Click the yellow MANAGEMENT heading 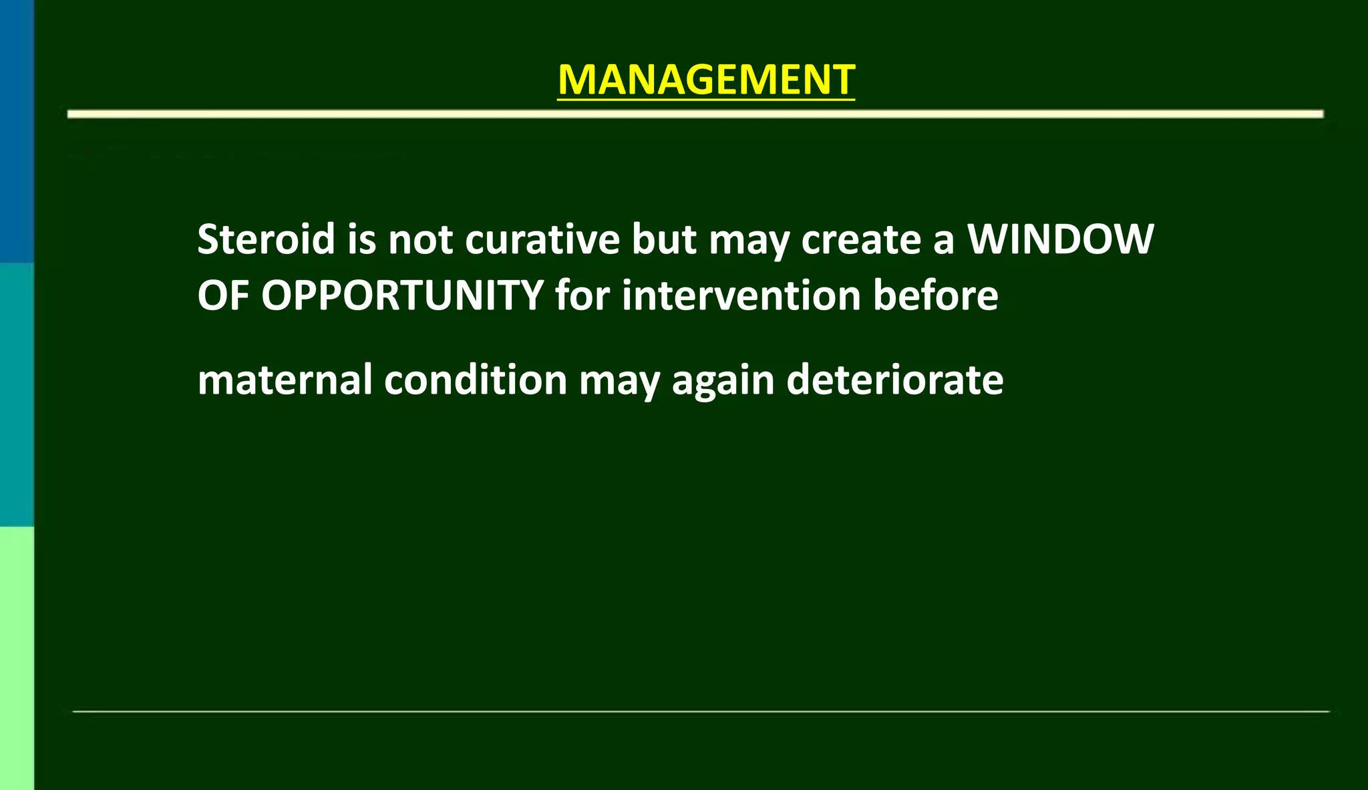[x=706, y=80]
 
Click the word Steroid [x=266, y=239]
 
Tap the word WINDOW [x=1061, y=239]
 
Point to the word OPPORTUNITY [x=402, y=295]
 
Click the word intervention [x=741, y=295]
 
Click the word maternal [x=285, y=380]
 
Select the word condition [x=476, y=380]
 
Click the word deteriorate [x=895, y=380]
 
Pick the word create [x=861, y=239]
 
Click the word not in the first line [x=421, y=239]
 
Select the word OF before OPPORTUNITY [x=223, y=295]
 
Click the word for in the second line [x=582, y=295]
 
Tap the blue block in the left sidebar [x=17, y=130]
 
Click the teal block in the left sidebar [x=17, y=394]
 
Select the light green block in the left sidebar [x=17, y=658]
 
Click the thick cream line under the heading [x=695, y=114]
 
